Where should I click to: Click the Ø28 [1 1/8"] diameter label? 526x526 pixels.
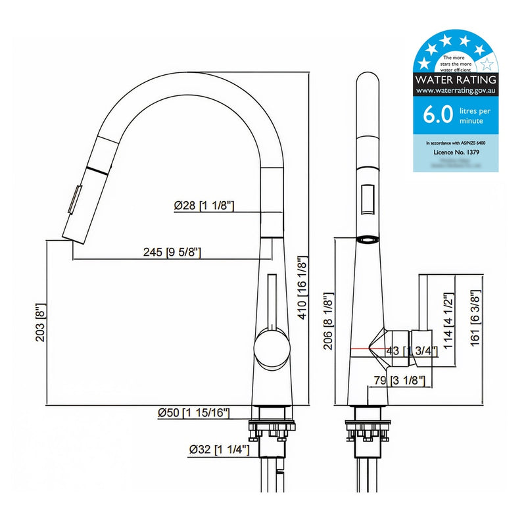(204, 206)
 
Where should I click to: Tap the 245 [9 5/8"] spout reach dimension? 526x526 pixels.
(172, 252)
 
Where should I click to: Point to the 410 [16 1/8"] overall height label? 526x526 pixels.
(303, 287)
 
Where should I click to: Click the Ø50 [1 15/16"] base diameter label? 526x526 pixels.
(193, 413)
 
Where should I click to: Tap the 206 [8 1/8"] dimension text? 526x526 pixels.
(327, 324)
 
